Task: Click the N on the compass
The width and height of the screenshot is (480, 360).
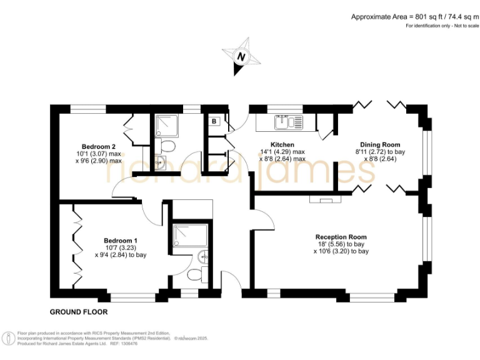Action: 240,56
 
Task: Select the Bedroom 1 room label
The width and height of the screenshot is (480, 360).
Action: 121,241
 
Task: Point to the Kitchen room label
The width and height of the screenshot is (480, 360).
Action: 282,144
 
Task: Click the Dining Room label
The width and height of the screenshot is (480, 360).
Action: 380,144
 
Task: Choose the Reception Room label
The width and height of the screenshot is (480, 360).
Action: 341,237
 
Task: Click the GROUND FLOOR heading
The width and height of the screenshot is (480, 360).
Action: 79,311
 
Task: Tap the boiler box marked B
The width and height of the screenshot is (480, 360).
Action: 214,121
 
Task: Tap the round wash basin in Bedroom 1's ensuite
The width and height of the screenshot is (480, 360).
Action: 204,256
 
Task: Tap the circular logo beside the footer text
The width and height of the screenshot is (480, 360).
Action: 9,339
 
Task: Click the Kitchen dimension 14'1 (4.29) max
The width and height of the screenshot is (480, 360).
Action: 282,151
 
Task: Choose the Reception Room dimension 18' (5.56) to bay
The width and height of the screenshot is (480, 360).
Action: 341,244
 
